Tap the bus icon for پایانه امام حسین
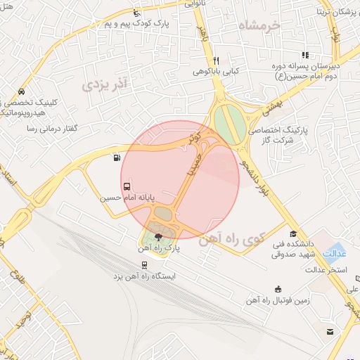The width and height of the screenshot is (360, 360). [127, 187]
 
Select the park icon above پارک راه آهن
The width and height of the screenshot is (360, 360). [157, 237]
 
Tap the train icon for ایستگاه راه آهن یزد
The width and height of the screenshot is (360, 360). [144, 265]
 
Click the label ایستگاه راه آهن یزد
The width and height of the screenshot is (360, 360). [144, 276]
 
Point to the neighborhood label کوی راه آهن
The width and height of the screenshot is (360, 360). [240, 241]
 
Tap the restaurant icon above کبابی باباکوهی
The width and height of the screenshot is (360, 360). [217, 60]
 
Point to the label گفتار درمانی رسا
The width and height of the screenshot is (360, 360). [51, 129]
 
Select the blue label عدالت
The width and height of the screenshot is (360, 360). [335, 252]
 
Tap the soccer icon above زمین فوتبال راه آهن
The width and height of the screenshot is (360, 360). [278, 289]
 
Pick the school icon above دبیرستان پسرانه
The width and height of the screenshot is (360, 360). [304, 55]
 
